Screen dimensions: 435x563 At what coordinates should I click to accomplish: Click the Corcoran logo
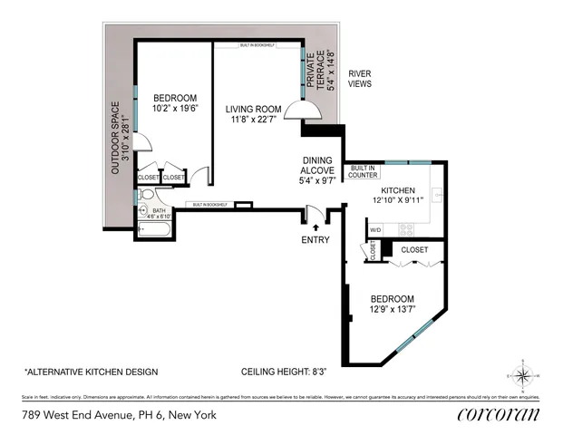tap(498, 415)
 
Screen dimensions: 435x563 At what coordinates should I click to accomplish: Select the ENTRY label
tap(315, 240)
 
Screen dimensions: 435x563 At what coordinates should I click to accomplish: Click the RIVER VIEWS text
tap(361, 79)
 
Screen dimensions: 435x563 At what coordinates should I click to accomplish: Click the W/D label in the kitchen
tap(375, 230)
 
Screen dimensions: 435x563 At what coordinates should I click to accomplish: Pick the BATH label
tap(159, 210)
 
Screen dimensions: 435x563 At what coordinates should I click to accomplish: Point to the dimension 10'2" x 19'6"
tap(175, 109)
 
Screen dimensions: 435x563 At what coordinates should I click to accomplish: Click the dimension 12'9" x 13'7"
tap(392, 310)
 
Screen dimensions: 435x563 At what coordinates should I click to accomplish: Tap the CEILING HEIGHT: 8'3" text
tap(281, 372)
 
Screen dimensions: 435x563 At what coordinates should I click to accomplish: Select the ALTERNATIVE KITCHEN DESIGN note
tap(91, 372)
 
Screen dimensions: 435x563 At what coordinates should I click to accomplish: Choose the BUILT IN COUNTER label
tap(364, 171)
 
